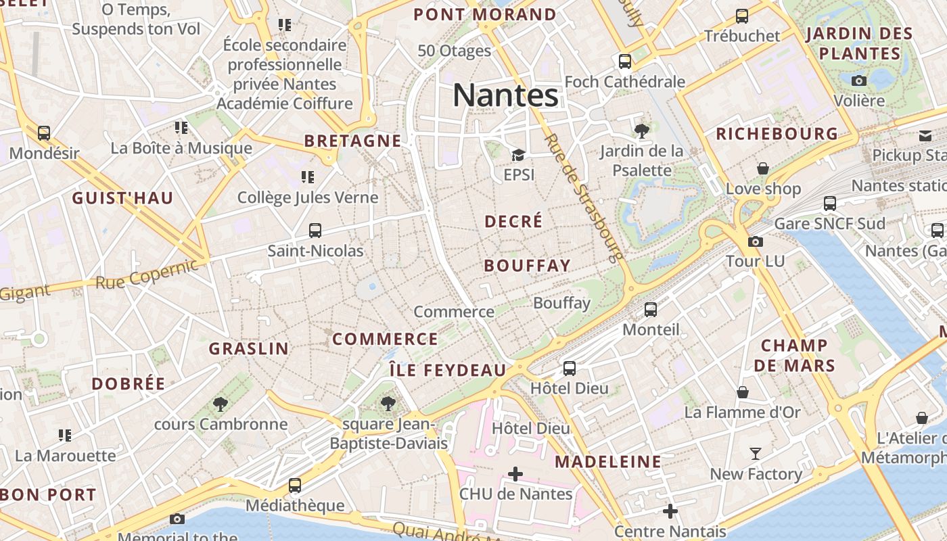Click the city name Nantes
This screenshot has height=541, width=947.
tap(505, 95)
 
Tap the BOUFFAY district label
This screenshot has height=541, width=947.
tap(528, 266)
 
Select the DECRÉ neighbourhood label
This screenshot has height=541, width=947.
tap(514, 221)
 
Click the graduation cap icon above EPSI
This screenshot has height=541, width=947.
tap(519, 156)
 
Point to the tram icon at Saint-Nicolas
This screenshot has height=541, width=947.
tap(315, 231)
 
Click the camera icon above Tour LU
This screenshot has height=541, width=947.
tap(756, 241)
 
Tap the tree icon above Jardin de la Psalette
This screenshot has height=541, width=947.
tap(641, 131)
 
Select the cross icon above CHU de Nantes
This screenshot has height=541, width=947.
tap(515, 474)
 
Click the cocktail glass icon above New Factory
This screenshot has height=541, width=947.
tap(756, 454)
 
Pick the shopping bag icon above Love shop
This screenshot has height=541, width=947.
tap(763, 168)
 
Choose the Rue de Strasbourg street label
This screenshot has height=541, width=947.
tap(582, 197)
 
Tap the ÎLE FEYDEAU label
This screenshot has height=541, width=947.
tap(448, 371)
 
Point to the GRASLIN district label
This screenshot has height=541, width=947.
tap(248, 349)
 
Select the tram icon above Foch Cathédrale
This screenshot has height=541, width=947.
tap(625, 62)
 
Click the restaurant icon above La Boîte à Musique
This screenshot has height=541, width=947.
tap(181, 127)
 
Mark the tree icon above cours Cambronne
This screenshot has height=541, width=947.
tap(220, 404)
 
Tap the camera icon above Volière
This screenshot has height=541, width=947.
tap(859, 81)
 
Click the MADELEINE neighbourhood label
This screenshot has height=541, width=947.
tap(608, 462)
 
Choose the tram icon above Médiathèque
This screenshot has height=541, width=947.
tap(295, 485)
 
